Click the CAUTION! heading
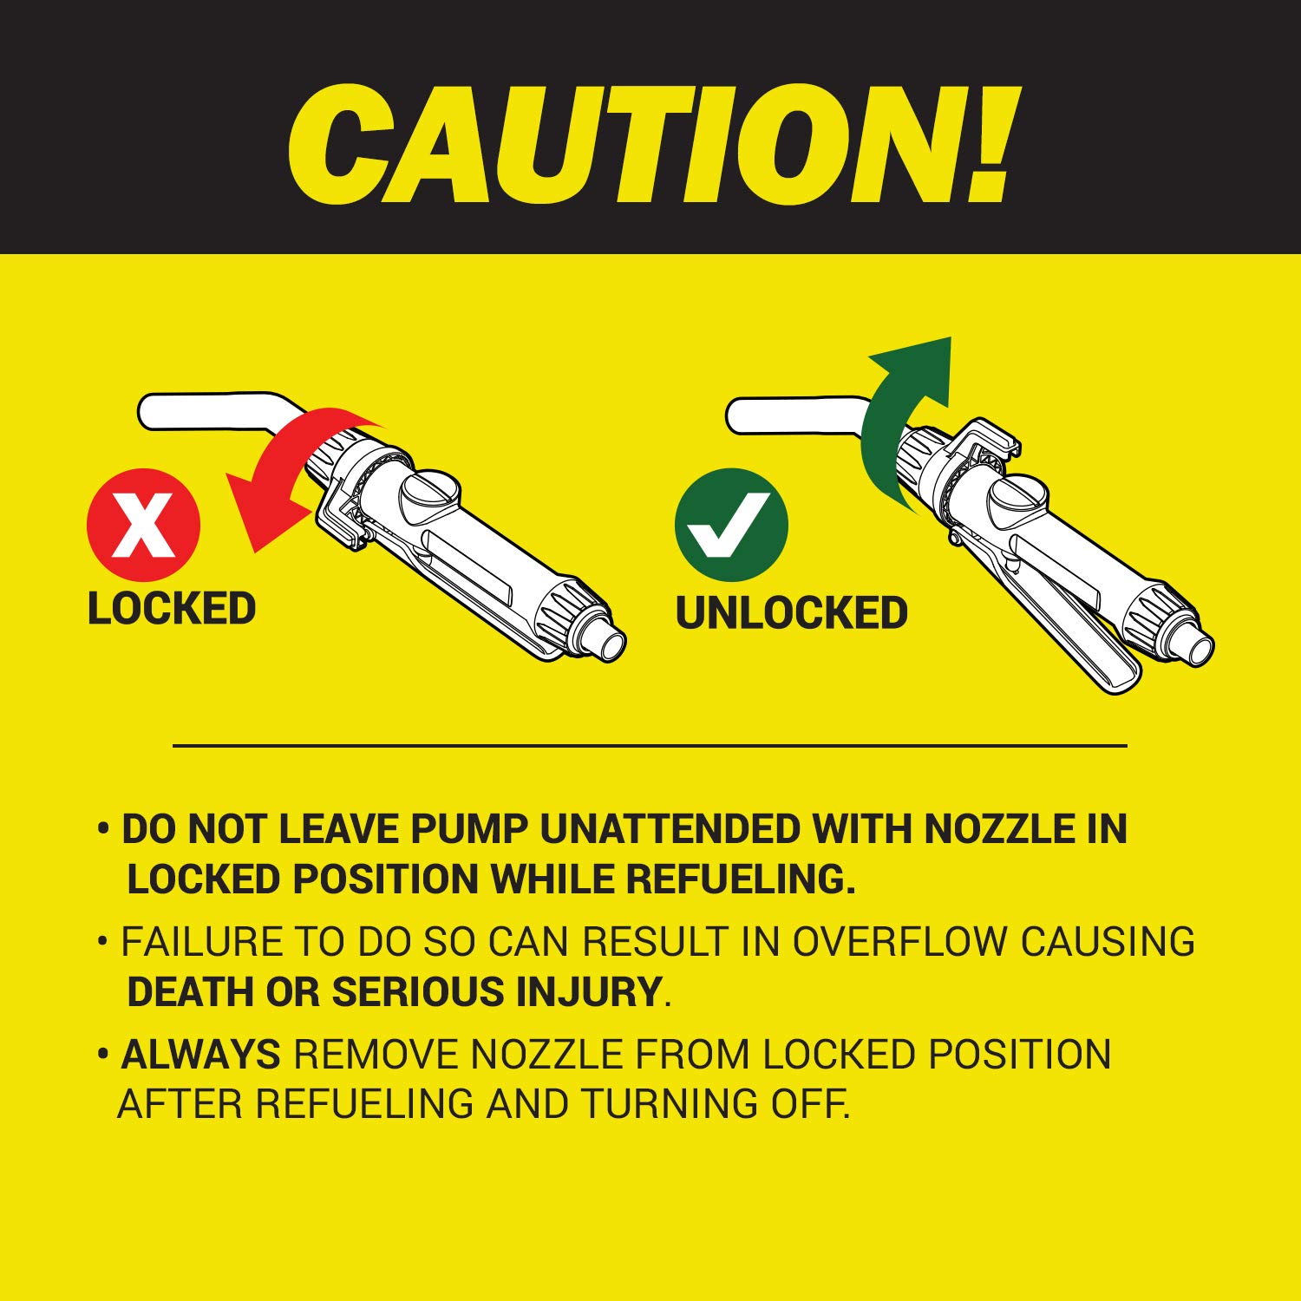tap(649, 144)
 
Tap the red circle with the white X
tap(144, 525)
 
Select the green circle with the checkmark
tap(731, 525)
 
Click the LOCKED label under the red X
tap(172, 608)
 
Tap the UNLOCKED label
tap(791, 613)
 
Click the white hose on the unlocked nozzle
tap(798, 415)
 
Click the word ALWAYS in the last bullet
tap(200, 1055)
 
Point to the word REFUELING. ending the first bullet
tap(741, 879)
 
